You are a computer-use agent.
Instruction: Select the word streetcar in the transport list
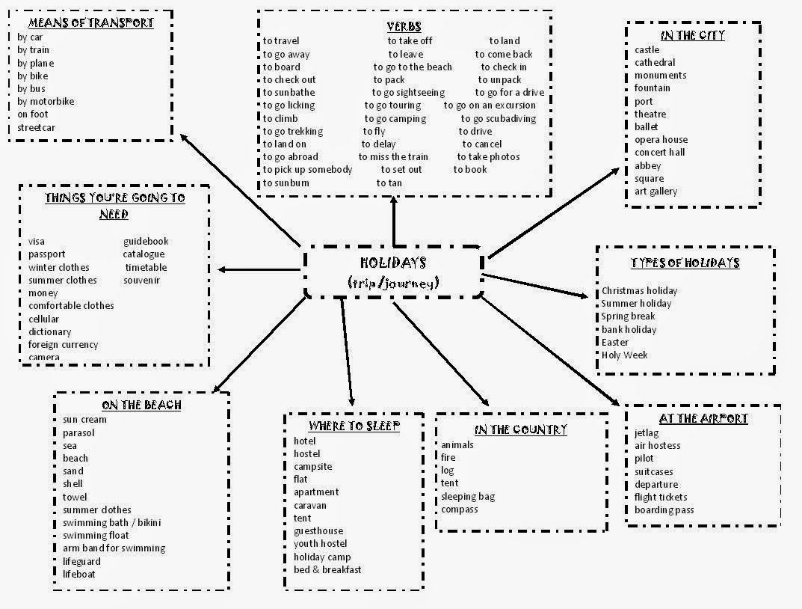[x=37, y=127]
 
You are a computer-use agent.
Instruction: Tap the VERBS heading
[x=404, y=27]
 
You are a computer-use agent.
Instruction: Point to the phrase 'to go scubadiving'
[x=499, y=118]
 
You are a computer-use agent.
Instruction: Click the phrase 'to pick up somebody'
[x=307, y=170]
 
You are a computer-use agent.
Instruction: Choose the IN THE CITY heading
[x=693, y=35]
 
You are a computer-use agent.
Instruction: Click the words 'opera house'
[x=661, y=140]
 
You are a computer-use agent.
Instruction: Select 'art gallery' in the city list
[x=656, y=192]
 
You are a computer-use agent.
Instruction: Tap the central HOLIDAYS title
[x=393, y=263]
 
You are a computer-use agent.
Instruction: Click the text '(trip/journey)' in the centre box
[x=393, y=282]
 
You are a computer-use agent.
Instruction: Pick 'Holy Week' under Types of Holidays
[x=625, y=355]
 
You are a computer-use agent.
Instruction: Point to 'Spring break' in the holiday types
[x=629, y=316]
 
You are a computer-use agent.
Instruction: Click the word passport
[x=47, y=254]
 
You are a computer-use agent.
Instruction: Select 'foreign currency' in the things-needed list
[x=64, y=345]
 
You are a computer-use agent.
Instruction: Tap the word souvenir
[x=142, y=281]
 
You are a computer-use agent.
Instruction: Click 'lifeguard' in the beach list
[x=81, y=561]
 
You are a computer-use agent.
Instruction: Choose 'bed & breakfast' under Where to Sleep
[x=327, y=570]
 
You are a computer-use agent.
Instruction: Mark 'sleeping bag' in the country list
[x=468, y=497]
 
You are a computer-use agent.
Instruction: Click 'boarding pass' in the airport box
[x=664, y=510]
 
